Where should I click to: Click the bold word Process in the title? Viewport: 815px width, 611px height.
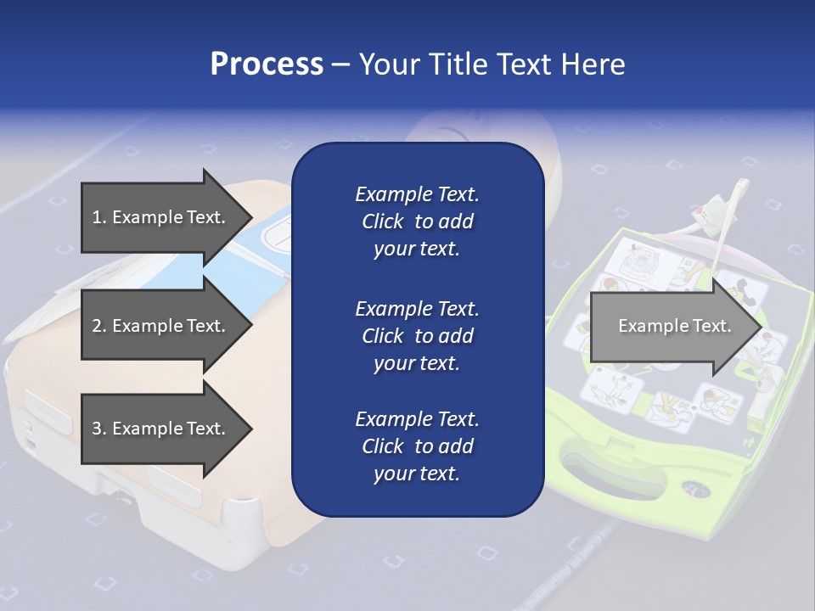[267, 64]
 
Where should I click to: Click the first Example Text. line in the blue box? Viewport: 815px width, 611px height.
[417, 194]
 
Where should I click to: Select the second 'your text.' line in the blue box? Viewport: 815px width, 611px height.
[417, 363]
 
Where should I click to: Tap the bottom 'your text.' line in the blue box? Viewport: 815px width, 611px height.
[417, 474]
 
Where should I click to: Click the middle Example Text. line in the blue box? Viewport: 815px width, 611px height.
[417, 308]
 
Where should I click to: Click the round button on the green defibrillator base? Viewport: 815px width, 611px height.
[695, 488]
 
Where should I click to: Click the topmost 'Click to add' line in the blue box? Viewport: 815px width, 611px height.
[417, 221]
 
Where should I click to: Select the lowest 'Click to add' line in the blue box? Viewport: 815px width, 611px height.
[417, 446]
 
